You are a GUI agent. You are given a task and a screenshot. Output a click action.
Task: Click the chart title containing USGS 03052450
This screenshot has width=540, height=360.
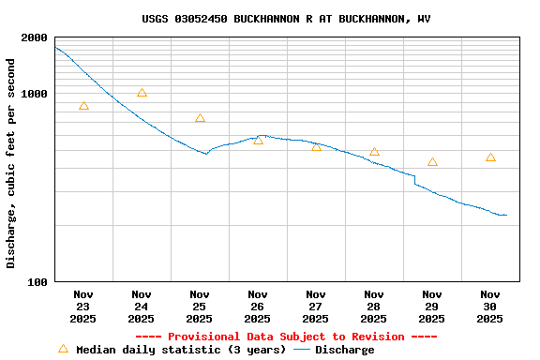coord(286,19)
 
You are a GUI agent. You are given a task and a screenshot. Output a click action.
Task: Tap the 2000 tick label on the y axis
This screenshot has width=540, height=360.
coord(34,37)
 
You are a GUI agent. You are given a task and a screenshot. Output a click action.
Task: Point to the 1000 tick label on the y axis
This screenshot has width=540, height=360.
coord(34,94)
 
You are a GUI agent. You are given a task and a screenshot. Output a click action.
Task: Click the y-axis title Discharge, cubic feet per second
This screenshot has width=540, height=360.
coord(11,163)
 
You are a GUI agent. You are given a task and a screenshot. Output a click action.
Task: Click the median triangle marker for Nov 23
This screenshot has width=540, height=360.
coord(83,106)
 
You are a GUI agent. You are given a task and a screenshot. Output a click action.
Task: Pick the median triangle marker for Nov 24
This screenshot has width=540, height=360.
coord(142,93)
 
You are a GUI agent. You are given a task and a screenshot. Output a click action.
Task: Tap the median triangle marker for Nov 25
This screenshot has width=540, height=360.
coord(200,118)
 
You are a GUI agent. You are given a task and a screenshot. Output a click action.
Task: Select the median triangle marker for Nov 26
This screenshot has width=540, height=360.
coord(258,140)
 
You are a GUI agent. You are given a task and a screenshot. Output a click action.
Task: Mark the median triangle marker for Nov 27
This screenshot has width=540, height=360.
coord(316,147)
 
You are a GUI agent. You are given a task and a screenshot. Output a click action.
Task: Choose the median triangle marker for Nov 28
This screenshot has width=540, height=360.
coord(374,152)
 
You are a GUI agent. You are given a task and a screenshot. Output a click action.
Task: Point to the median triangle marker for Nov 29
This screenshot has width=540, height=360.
coord(432,162)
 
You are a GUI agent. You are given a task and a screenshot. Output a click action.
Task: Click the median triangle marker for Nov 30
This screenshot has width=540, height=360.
coord(490,157)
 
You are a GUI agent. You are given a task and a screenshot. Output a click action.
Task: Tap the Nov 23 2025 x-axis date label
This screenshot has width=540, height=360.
coord(83,307)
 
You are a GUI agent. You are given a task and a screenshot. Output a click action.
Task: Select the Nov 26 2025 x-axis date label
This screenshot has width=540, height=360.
coord(258,307)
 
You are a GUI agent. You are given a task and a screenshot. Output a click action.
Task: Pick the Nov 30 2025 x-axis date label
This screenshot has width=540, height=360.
coord(490,307)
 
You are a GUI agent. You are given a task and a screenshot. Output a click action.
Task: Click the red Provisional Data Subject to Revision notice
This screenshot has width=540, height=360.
coord(286,337)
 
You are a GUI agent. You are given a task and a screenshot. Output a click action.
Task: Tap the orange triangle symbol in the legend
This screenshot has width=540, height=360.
coord(63,349)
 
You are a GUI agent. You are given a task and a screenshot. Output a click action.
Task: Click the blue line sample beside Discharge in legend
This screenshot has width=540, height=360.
coord(302,350)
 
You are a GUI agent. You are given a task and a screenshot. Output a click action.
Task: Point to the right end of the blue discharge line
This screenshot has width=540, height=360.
coord(506,215)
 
